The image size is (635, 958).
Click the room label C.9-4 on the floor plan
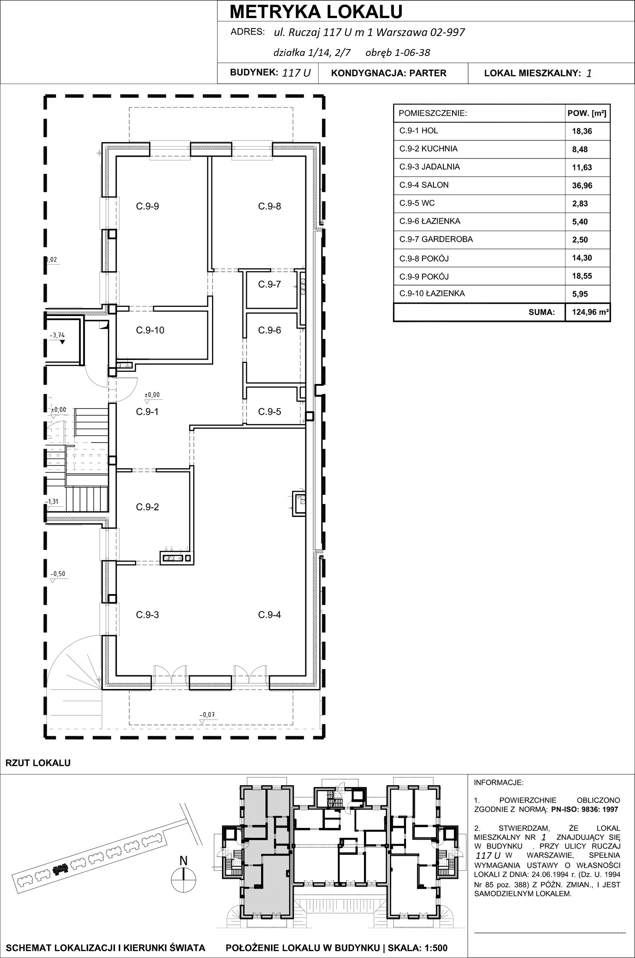pos(269,615)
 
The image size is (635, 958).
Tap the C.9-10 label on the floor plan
pos(150,330)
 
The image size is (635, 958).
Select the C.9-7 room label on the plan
pos(269,285)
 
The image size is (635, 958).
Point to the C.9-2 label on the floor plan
pos(147,507)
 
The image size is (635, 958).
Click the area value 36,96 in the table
pos(582,186)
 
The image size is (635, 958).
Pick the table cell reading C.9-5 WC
pos(417,203)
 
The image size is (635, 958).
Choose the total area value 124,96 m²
pos(591,312)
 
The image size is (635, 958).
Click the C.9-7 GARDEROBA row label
pos(436,239)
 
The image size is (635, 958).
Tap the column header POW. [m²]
pos(587,113)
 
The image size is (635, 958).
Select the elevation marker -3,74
pos(57,336)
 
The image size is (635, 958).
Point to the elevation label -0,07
pos(207,715)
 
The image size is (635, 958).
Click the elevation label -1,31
pos(52,502)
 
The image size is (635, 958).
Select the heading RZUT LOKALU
pos(38,763)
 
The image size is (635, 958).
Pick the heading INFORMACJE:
pos(498,783)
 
